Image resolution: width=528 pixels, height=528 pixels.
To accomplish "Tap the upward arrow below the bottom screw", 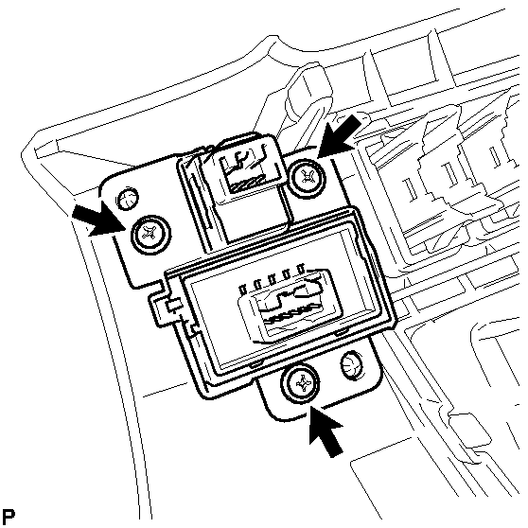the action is [x=326, y=431].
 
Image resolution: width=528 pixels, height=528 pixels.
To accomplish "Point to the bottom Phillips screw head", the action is [x=300, y=383].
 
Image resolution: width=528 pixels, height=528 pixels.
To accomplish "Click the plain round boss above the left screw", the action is [x=127, y=198].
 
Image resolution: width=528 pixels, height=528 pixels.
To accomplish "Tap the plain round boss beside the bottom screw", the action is [x=352, y=364].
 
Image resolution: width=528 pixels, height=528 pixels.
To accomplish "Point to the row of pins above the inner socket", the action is [x=273, y=277].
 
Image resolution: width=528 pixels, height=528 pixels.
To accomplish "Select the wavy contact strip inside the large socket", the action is [x=291, y=313].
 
